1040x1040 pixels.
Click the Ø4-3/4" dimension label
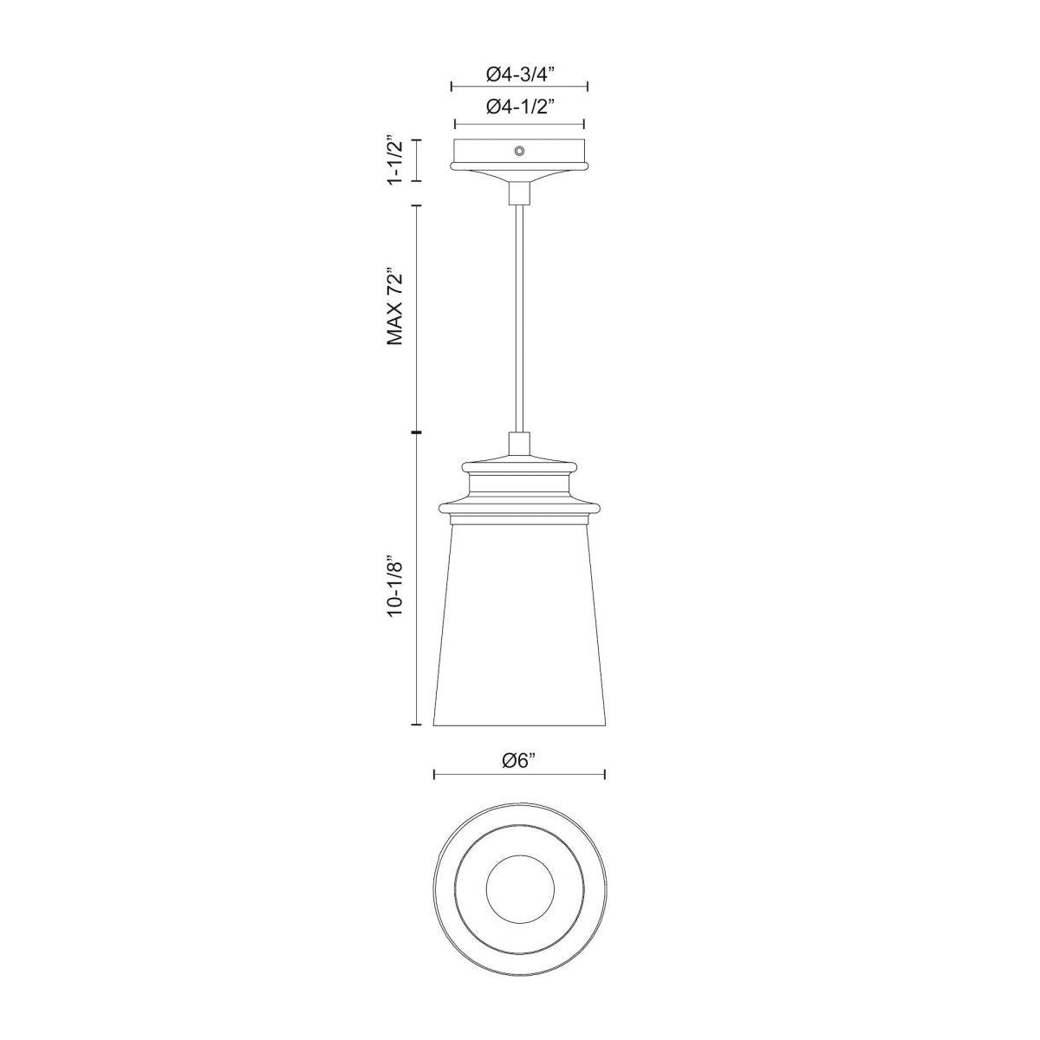tap(519, 75)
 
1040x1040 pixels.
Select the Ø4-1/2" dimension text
tap(519, 107)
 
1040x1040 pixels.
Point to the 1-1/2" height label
tap(395, 159)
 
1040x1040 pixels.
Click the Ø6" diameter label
tap(519, 761)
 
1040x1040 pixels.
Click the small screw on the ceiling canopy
tap(519, 152)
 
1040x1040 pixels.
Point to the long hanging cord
tap(519, 321)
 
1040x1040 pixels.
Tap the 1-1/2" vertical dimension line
tap(417, 160)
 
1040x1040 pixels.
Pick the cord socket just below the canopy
tap(519, 192)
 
